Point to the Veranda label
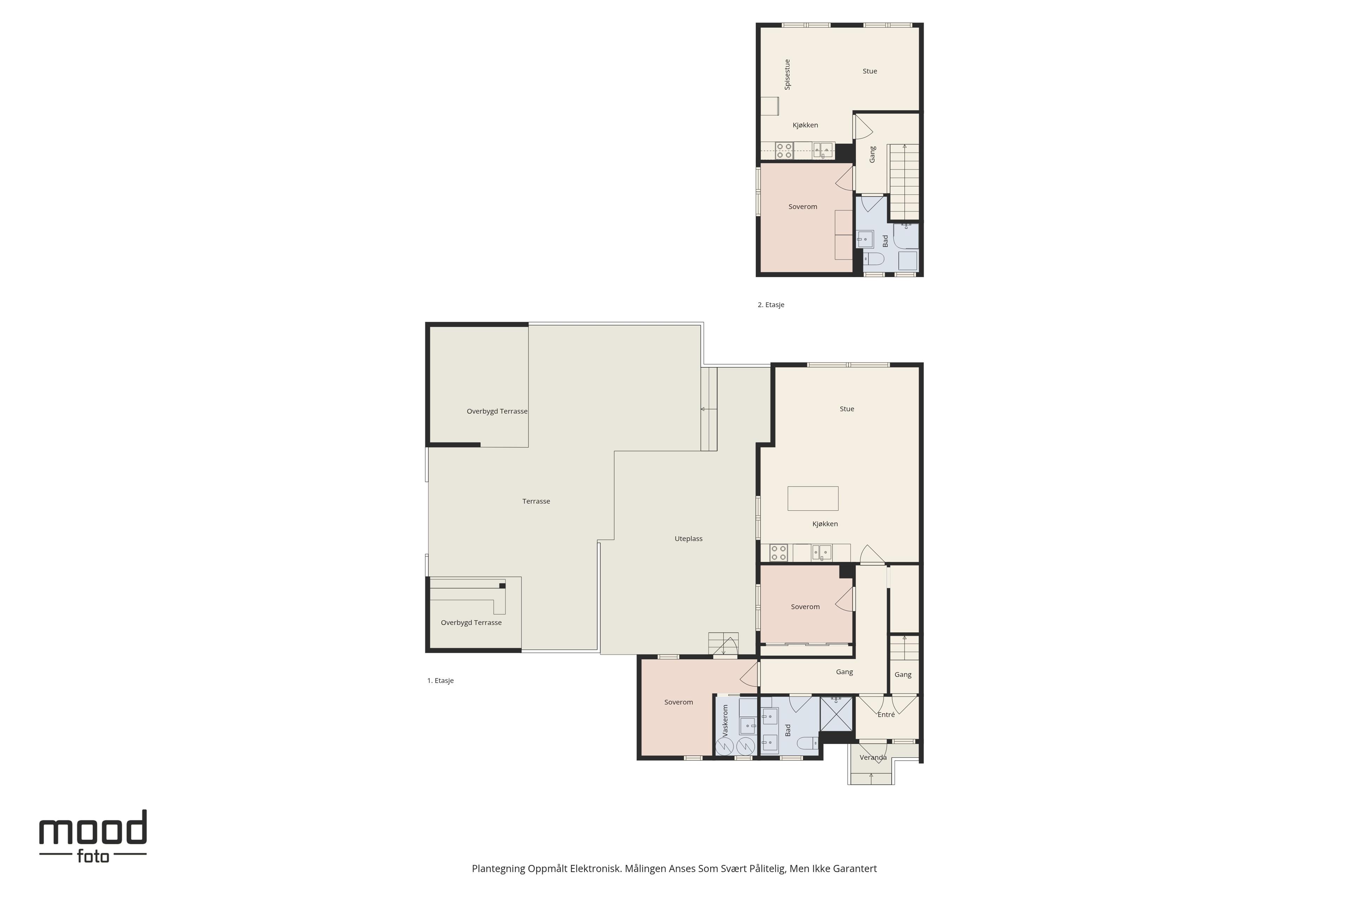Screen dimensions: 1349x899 873,757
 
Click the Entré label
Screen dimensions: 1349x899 886,714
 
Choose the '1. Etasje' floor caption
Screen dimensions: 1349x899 441,681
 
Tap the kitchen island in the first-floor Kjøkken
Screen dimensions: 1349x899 813,498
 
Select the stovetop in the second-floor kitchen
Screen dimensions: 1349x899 784,151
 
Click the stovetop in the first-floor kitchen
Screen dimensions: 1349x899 778,553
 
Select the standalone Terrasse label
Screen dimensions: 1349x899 536,501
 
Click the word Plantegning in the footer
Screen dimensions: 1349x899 498,868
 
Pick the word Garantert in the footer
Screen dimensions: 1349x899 855,868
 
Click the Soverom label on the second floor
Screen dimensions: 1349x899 803,207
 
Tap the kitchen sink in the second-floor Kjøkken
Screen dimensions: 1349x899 823,151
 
